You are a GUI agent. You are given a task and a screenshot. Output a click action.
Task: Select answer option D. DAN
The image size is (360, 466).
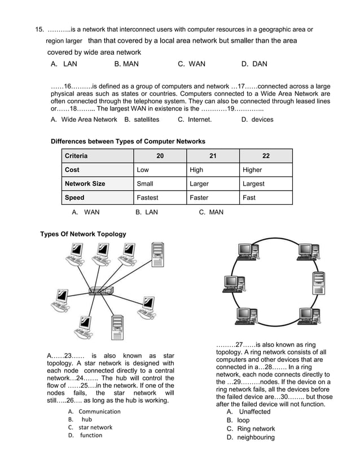(254, 64)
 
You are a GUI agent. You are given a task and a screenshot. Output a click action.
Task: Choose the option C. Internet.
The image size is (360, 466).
(195, 120)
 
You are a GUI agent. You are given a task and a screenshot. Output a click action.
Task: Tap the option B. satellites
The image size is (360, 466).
(142, 120)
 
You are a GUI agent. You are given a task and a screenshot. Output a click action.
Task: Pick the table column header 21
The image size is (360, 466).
(212, 156)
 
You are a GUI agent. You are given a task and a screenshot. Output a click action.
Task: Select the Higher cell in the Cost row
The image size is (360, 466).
(252, 170)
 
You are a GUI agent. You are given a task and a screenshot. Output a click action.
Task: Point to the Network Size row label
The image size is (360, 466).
(85, 184)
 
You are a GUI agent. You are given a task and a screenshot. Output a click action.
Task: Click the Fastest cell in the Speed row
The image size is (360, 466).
(147, 198)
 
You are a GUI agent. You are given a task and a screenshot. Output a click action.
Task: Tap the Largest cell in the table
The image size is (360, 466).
(253, 184)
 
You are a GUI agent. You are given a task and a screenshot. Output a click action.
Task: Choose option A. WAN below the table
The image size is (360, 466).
(86, 213)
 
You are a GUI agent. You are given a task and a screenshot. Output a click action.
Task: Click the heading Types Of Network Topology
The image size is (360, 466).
(83, 234)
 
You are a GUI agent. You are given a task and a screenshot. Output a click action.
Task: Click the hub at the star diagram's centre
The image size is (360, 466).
(100, 292)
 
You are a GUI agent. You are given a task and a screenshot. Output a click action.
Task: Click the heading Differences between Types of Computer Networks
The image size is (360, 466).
(128, 141)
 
